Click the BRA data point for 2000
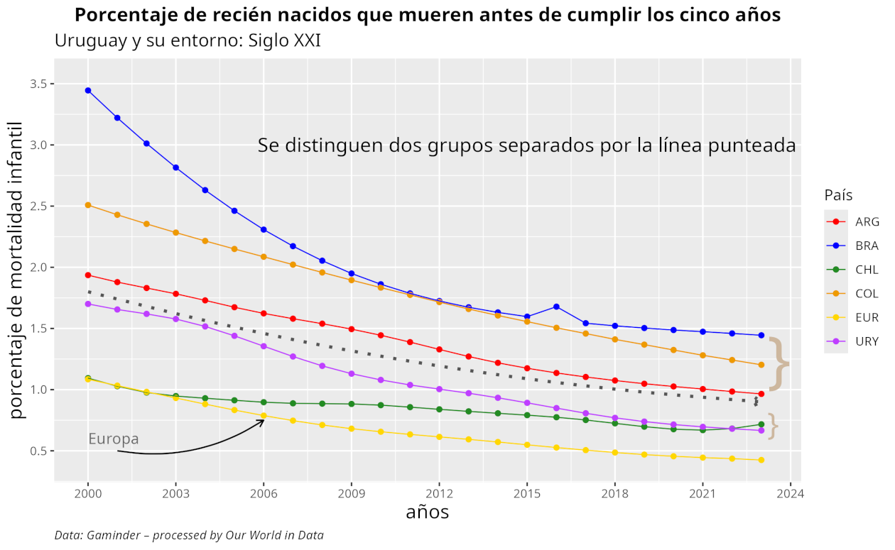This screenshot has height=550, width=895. pyautogui.click(x=88, y=90)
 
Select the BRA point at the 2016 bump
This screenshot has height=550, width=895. pyautogui.click(x=556, y=307)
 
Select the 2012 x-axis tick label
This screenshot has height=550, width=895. pyautogui.click(x=439, y=493)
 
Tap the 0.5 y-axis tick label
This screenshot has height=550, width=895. pyautogui.click(x=38, y=451)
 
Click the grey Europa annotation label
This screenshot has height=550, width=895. pyautogui.click(x=114, y=439)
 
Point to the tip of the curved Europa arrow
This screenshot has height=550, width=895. pyautogui.click(x=264, y=420)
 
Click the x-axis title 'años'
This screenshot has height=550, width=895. pyautogui.click(x=427, y=512)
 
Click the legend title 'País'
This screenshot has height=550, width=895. pyautogui.click(x=839, y=195)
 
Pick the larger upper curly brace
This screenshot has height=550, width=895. pyautogui.click(x=780, y=363)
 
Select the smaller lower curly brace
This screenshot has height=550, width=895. pyautogui.click(x=773, y=426)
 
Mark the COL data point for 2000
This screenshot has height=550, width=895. pyautogui.click(x=88, y=205)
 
